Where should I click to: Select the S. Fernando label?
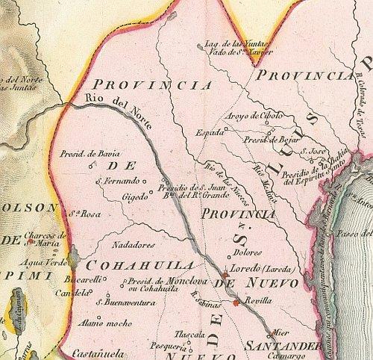coord(119,181)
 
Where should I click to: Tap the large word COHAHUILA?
coord(139,266)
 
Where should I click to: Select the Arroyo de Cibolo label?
coord(253,115)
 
